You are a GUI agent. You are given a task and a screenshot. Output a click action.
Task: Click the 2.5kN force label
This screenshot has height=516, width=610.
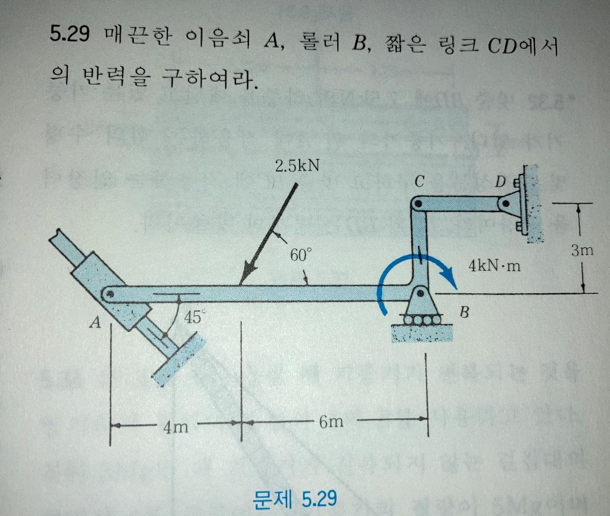[x=296, y=165]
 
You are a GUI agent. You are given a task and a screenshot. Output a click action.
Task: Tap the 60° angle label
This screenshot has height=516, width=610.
[x=300, y=255]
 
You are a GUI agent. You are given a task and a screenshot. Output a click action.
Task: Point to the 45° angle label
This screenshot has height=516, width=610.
[x=192, y=317]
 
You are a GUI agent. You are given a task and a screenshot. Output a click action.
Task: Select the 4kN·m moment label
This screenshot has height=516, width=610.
[x=494, y=266]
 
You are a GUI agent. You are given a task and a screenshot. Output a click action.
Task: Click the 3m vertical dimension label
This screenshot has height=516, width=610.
[x=581, y=251]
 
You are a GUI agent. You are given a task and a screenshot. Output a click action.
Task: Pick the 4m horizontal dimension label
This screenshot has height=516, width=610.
[x=176, y=426]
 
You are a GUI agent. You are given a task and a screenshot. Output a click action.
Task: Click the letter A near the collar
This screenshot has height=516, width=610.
[x=94, y=324]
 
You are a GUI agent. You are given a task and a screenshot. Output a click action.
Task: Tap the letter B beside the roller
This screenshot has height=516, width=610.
[x=466, y=311]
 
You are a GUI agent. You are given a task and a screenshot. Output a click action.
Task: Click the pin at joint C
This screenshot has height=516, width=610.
[x=418, y=204]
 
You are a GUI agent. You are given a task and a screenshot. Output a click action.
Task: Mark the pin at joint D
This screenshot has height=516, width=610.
[x=506, y=203]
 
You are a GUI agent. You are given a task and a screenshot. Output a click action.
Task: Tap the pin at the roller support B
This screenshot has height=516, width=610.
[x=421, y=294]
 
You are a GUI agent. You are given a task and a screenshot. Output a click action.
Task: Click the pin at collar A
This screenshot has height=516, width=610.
[x=110, y=294]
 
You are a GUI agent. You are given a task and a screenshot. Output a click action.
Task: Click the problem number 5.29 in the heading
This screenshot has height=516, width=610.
[x=69, y=35]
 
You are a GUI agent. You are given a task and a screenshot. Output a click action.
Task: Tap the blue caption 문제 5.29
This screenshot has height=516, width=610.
[x=294, y=498]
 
